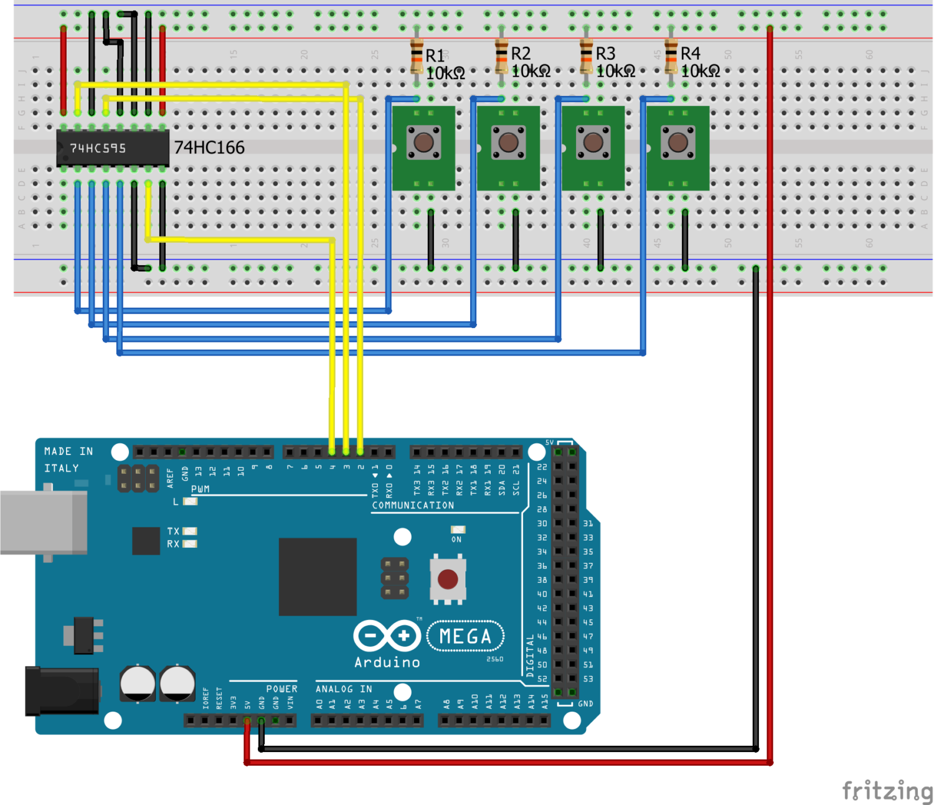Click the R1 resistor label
click(x=435, y=55)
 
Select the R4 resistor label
click(x=690, y=54)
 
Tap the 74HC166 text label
click(x=209, y=148)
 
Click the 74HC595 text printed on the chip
click(x=98, y=148)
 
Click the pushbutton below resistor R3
click(x=593, y=143)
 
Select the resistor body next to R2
click(x=501, y=55)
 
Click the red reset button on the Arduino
click(x=448, y=579)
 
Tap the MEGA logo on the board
click(x=465, y=636)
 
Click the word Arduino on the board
click(x=387, y=662)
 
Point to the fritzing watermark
click(x=887, y=790)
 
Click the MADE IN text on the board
click(x=68, y=451)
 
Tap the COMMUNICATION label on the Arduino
click(x=413, y=506)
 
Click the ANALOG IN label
click(x=344, y=689)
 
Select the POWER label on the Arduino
click(x=281, y=689)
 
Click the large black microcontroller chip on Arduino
click(x=318, y=577)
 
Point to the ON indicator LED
click(x=458, y=530)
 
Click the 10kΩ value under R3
click(x=615, y=72)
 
